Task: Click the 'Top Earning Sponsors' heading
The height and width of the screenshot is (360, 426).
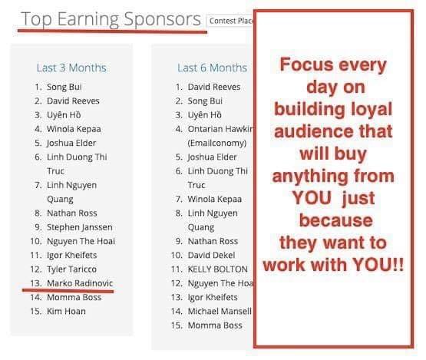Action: click(x=111, y=19)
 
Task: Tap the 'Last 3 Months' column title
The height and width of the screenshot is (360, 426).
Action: click(x=71, y=68)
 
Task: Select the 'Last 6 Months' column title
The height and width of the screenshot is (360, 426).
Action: click(x=212, y=68)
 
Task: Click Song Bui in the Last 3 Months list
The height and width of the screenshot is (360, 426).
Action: click(x=64, y=87)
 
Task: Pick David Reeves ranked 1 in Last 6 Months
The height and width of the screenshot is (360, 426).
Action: click(x=214, y=87)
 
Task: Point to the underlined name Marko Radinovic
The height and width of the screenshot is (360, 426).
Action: click(x=80, y=283)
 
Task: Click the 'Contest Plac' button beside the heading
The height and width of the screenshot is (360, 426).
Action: click(x=230, y=21)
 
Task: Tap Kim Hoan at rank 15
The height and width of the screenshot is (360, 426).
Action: click(x=66, y=311)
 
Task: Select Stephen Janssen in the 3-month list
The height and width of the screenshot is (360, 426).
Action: click(x=80, y=227)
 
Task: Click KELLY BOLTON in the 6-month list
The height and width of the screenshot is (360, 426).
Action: click(x=218, y=269)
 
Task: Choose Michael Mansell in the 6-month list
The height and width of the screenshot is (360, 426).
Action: click(x=220, y=311)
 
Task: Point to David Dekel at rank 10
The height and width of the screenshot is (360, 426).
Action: click(x=211, y=255)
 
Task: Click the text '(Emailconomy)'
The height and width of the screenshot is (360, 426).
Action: click(x=217, y=144)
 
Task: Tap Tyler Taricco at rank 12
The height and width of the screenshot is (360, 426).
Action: click(x=71, y=269)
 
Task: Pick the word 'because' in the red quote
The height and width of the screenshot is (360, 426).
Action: click(x=335, y=220)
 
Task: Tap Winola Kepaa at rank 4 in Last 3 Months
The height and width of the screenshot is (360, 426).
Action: click(x=74, y=129)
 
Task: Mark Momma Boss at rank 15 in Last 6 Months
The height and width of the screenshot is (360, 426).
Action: click(x=215, y=325)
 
